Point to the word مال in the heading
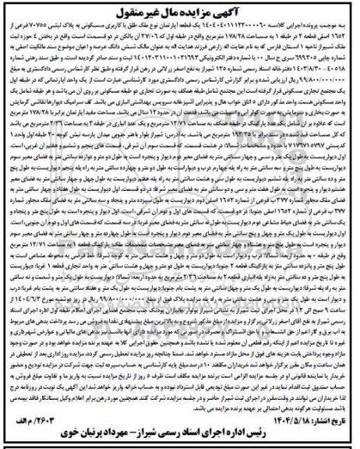tap(160, 13)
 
